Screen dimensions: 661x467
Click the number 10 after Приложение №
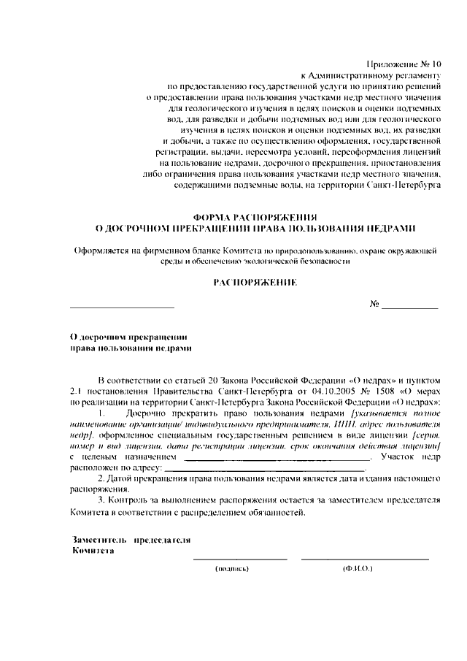click(436, 64)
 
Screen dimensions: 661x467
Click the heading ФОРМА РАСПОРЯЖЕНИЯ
click(255, 217)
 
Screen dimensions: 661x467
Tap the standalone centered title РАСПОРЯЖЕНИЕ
click(255, 281)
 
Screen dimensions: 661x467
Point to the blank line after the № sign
click(409, 307)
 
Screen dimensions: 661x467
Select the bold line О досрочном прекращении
click(127, 337)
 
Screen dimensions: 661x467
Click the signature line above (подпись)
click(240, 559)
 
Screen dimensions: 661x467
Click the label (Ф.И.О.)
click(358, 568)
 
